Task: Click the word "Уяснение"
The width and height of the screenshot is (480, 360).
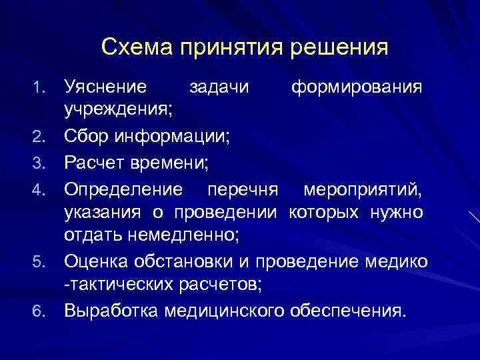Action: click(x=105, y=87)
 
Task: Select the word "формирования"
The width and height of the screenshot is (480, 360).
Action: click(x=356, y=87)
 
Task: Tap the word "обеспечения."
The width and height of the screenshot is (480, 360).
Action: click(x=347, y=311)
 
